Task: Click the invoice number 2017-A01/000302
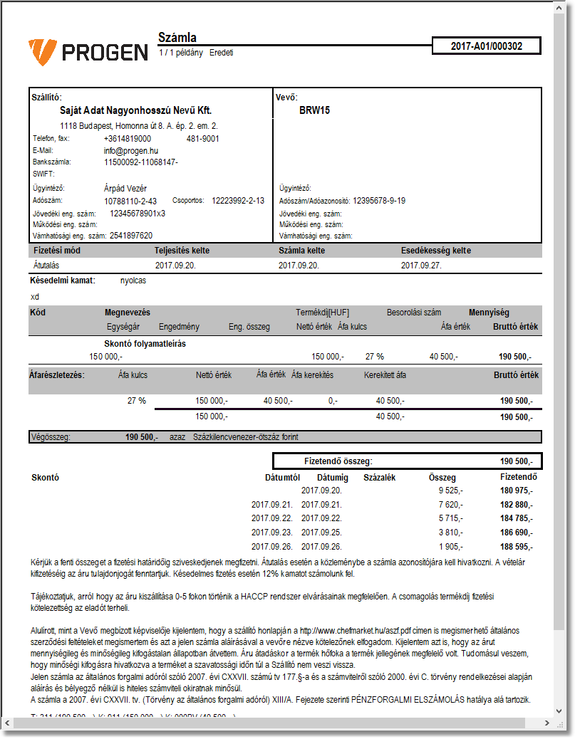tap(487, 46)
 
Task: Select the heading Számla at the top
tap(177, 38)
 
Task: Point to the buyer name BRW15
tap(314, 110)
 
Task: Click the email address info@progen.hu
tap(131, 151)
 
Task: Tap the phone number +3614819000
tap(128, 139)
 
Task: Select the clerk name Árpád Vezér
tap(125, 189)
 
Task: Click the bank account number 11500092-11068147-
tap(141, 162)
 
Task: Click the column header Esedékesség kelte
tap(436, 251)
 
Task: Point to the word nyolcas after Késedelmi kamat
tap(133, 281)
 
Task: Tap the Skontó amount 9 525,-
tap(451, 491)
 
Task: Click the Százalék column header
tap(379, 478)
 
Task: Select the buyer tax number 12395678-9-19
tap(379, 201)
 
